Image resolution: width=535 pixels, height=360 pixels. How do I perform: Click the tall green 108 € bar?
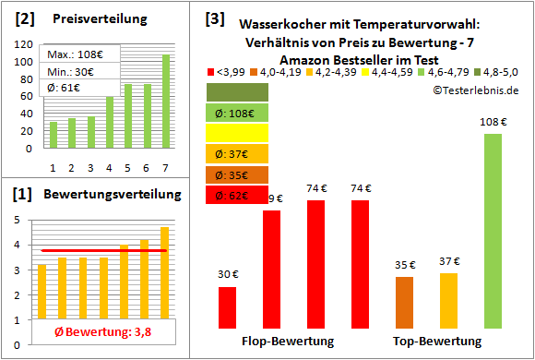click(x=493, y=230)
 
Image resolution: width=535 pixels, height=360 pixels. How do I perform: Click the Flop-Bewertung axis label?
click(x=288, y=342)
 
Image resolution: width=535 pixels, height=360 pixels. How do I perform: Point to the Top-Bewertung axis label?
click(x=437, y=342)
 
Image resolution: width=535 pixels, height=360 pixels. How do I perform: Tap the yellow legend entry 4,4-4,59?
click(x=395, y=71)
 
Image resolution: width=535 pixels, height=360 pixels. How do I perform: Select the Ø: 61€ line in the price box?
click(x=67, y=88)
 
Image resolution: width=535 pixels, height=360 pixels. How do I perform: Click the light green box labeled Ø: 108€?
click(x=237, y=113)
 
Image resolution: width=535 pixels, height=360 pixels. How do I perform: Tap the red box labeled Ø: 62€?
click(x=237, y=195)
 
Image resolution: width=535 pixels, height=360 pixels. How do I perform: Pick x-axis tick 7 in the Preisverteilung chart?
click(x=166, y=167)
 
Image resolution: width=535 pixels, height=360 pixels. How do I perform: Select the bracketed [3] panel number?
click(x=215, y=18)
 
